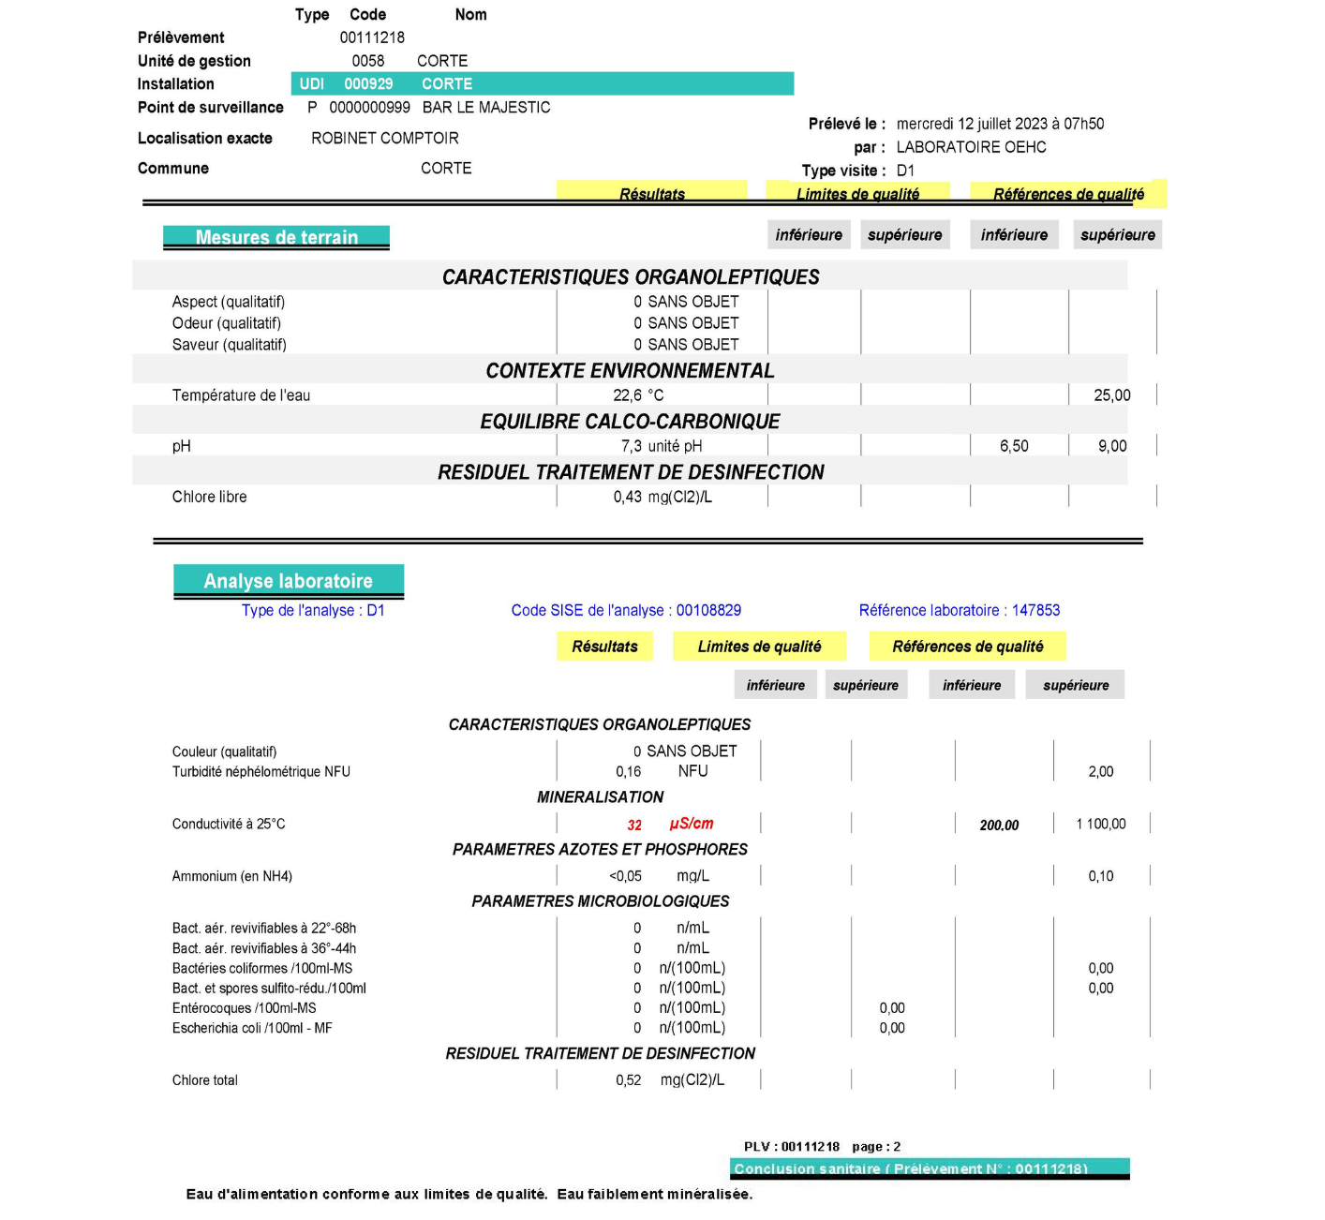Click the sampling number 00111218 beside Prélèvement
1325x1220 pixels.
(x=372, y=37)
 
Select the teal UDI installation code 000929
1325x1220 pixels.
(x=368, y=84)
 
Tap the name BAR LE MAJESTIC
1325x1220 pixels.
(x=486, y=108)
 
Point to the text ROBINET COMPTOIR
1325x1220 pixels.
(x=385, y=139)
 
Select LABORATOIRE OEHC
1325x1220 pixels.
(x=971, y=147)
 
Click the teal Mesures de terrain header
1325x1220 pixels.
(x=276, y=237)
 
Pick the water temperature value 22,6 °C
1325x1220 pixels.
(x=638, y=395)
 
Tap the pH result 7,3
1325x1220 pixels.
(x=632, y=446)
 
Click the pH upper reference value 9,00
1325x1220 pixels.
(x=1112, y=446)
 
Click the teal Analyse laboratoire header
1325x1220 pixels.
(x=289, y=581)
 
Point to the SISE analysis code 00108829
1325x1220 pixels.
(x=708, y=610)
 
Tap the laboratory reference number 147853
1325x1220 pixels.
(x=1035, y=610)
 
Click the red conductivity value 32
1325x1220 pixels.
(x=634, y=825)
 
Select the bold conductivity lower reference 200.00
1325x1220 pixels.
(x=999, y=825)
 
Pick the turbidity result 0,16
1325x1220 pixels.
(x=629, y=772)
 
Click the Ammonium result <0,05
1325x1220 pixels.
(x=625, y=876)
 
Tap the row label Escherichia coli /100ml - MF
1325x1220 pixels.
(x=252, y=1028)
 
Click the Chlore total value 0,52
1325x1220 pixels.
(x=629, y=1080)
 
